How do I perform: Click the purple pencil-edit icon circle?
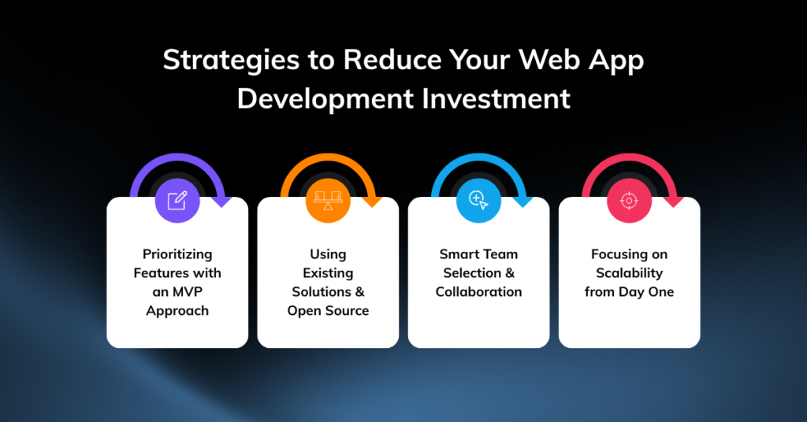point(177,201)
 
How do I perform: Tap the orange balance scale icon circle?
point(328,201)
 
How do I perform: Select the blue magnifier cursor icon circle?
point(478,201)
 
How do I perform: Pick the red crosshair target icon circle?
point(629,201)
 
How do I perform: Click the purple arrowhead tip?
point(222,206)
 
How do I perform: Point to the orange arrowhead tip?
point(373,206)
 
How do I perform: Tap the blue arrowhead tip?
point(523,206)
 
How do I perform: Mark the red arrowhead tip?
point(674,206)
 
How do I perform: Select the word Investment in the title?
point(496,98)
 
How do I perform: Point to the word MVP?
point(188,292)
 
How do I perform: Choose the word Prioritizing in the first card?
point(177,255)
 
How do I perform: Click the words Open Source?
point(328,311)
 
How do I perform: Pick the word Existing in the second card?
point(328,273)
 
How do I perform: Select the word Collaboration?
point(478,292)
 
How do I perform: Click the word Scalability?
point(629,273)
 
